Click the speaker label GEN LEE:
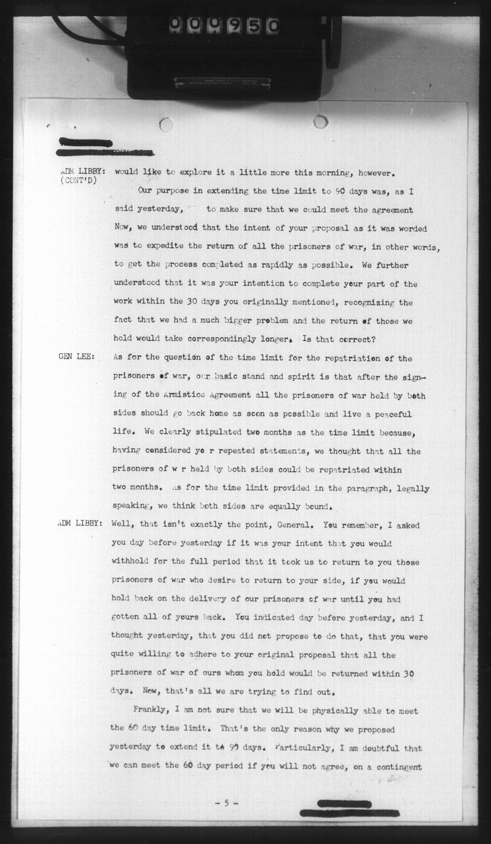click(x=76, y=358)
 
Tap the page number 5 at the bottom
click(x=227, y=803)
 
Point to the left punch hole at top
click(x=165, y=125)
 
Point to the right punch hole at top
click(x=320, y=122)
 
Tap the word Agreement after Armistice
click(x=235, y=395)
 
